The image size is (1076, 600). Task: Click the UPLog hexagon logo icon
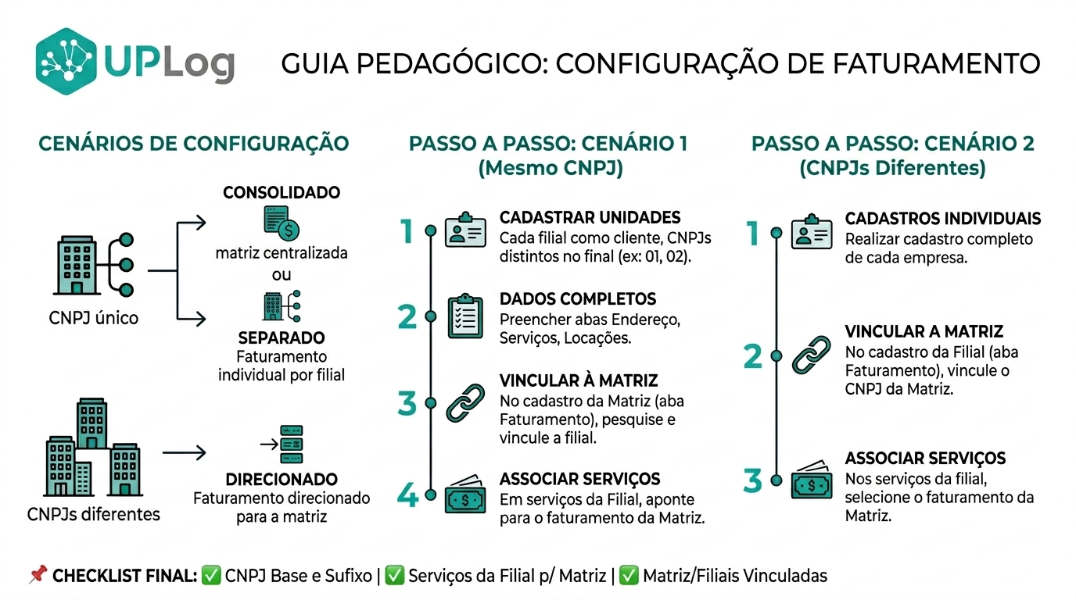66,61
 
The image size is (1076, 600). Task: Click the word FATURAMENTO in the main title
936,64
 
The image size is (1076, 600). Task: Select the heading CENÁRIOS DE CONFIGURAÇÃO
194,144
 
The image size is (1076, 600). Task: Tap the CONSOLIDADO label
282,192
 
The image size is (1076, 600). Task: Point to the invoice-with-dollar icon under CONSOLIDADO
282,223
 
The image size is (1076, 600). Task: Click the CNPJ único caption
94,318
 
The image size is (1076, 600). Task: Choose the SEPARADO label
282,338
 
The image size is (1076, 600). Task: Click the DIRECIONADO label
282,479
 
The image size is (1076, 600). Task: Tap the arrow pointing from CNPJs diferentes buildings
184,452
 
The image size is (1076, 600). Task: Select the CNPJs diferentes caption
94,515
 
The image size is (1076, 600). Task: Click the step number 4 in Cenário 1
407,495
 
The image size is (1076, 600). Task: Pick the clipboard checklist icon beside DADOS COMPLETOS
465,316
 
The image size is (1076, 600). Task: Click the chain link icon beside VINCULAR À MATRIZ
465,402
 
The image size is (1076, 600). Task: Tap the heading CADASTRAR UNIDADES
590,218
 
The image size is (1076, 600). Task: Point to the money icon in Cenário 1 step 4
465,494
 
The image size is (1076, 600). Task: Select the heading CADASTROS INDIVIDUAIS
942,219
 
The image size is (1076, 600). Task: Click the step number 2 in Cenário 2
753,356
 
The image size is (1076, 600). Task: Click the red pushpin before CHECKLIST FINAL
38,574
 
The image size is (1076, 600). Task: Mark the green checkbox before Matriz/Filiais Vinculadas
629,576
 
